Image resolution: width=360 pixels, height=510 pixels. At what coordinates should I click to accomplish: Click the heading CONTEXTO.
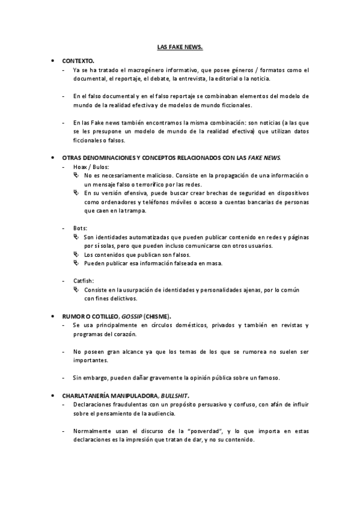pos(78,61)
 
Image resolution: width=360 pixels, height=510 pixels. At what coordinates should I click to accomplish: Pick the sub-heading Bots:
pos(80,229)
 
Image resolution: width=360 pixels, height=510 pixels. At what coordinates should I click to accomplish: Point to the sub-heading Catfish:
pos(84,281)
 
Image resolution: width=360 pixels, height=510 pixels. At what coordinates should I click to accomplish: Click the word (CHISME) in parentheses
pos(157,316)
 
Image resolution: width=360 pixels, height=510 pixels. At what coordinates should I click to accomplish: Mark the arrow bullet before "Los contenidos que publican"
pos(76,254)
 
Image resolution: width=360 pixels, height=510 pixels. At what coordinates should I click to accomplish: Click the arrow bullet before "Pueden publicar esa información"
pos(76,263)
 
